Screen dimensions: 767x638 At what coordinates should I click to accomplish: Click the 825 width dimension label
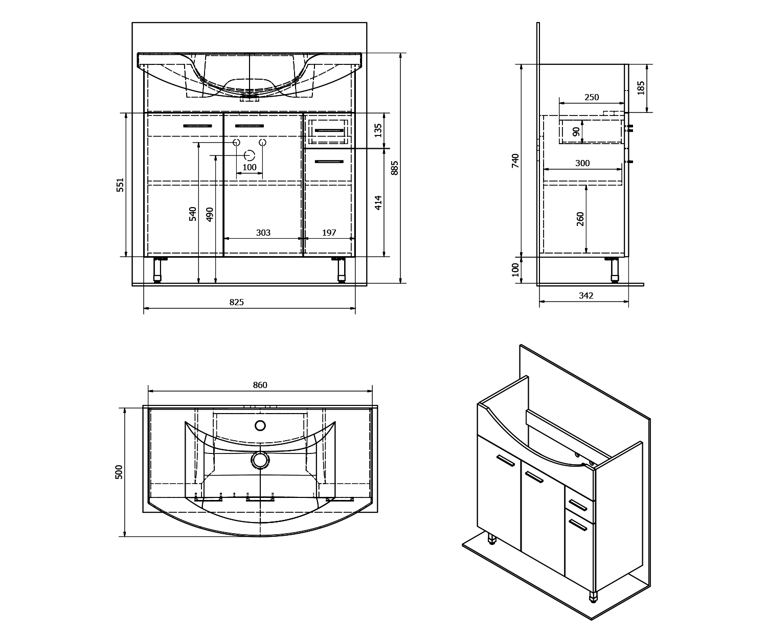[x=237, y=302]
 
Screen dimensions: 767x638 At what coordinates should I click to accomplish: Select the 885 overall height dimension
[x=395, y=168]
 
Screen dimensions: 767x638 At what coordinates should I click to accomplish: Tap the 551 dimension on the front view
[x=120, y=185]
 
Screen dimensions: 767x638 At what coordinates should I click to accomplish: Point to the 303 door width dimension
[x=263, y=233]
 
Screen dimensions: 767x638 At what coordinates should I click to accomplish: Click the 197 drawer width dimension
[x=329, y=233]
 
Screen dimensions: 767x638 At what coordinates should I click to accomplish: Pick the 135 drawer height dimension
[x=378, y=130]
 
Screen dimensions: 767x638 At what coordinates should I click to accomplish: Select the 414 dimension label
[x=378, y=203]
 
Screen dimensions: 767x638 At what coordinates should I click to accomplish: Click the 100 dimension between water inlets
[x=250, y=167]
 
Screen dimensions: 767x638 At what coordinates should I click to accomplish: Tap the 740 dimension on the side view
[x=515, y=161]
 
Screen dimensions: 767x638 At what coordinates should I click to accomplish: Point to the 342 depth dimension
[x=586, y=295]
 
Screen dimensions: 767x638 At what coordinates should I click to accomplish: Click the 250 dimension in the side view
[x=592, y=97]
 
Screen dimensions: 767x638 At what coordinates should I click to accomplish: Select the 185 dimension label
[x=641, y=88]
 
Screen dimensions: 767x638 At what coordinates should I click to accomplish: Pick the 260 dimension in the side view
[x=580, y=219]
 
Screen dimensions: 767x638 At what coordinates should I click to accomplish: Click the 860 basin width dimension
[x=260, y=385]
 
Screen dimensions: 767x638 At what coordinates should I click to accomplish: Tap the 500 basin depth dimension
[x=119, y=472]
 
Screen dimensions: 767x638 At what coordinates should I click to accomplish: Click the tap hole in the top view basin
[x=260, y=426]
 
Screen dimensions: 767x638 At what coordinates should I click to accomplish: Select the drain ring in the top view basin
[x=260, y=460]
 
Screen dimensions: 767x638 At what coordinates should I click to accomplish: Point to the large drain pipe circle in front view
[x=250, y=155]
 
